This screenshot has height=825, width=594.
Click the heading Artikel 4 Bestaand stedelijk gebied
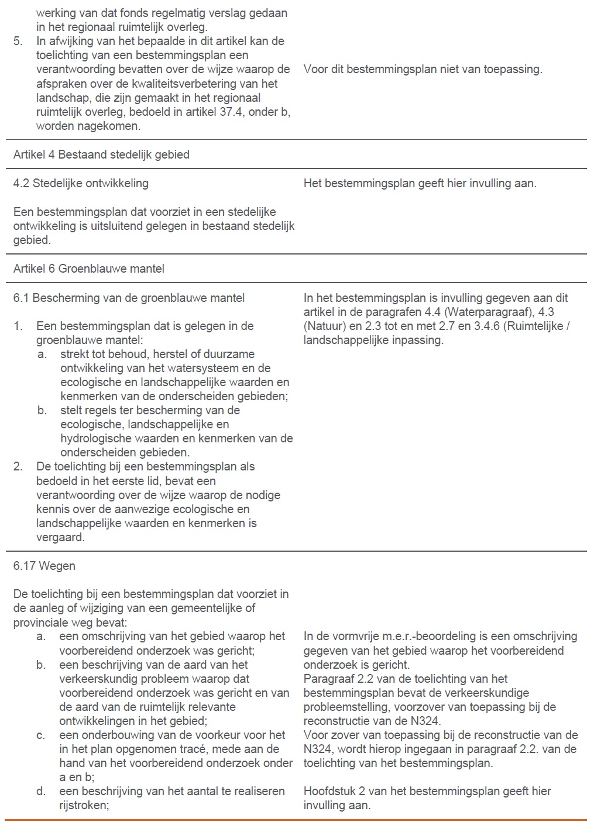(101, 154)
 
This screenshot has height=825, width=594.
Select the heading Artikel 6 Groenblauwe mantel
(88, 269)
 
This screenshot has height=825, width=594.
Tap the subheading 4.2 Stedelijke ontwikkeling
(81, 183)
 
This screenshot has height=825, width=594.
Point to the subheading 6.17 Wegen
(44, 566)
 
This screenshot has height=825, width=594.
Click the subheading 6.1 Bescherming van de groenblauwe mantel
(129, 298)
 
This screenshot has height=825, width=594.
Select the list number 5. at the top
(18, 41)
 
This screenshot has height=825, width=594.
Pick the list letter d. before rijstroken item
(41, 791)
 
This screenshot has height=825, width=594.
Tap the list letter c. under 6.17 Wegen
(41, 735)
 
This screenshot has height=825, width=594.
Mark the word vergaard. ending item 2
(60, 537)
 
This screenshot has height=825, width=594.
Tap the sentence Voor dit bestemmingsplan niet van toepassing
(423, 69)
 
